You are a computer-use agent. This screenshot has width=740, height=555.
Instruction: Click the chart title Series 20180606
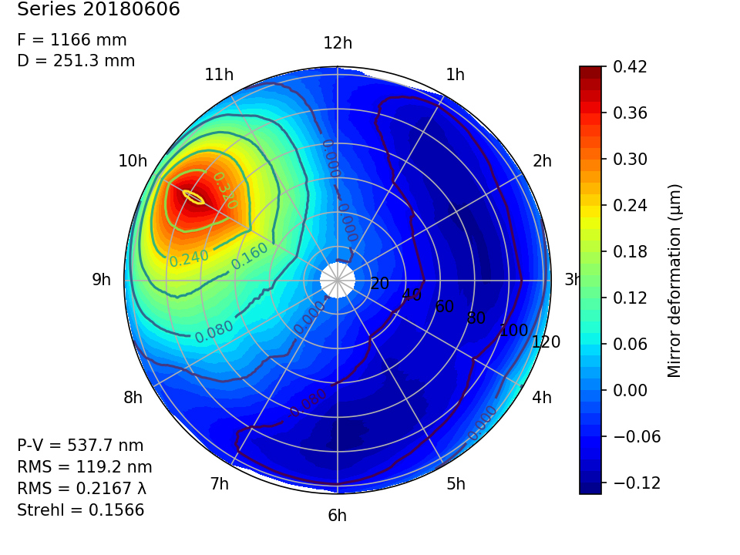pyautogui.click(x=98, y=10)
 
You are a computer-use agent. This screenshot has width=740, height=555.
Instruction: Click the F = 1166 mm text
pyautogui.click(x=72, y=40)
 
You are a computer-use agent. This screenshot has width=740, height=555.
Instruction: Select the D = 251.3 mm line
pyautogui.click(x=76, y=61)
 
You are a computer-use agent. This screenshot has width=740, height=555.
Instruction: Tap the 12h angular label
pyautogui.click(x=338, y=43)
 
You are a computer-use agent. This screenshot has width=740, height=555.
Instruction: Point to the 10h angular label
pyautogui.click(x=133, y=161)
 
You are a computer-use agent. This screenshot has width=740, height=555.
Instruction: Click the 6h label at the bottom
pyautogui.click(x=338, y=516)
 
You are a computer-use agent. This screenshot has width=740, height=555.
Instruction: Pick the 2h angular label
pyautogui.click(x=543, y=161)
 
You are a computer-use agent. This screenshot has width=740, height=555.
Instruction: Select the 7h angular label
pyautogui.click(x=219, y=484)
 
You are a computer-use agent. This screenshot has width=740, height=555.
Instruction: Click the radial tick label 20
pyautogui.click(x=379, y=284)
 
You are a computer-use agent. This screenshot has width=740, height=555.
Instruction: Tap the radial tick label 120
pyautogui.click(x=547, y=342)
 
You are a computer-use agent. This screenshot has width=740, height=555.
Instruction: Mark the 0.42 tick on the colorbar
pyautogui.click(x=630, y=67)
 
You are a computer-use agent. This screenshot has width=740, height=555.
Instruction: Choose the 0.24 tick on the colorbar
pyautogui.click(x=630, y=205)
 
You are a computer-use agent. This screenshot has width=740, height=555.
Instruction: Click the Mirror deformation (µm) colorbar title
pyautogui.click(x=675, y=281)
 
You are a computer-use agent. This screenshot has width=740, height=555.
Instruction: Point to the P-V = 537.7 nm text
pyautogui.click(x=80, y=446)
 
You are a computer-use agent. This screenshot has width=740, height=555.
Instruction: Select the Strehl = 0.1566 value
pyautogui.click(x=80, y=510)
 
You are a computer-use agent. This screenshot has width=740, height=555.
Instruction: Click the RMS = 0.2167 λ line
pyautogui.click(x=82, y=489)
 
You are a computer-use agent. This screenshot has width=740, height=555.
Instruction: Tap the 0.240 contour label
pyautogui.click(x=189, y=258)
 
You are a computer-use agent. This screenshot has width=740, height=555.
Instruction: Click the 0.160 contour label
pyautogui.click(x=250, y=255)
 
